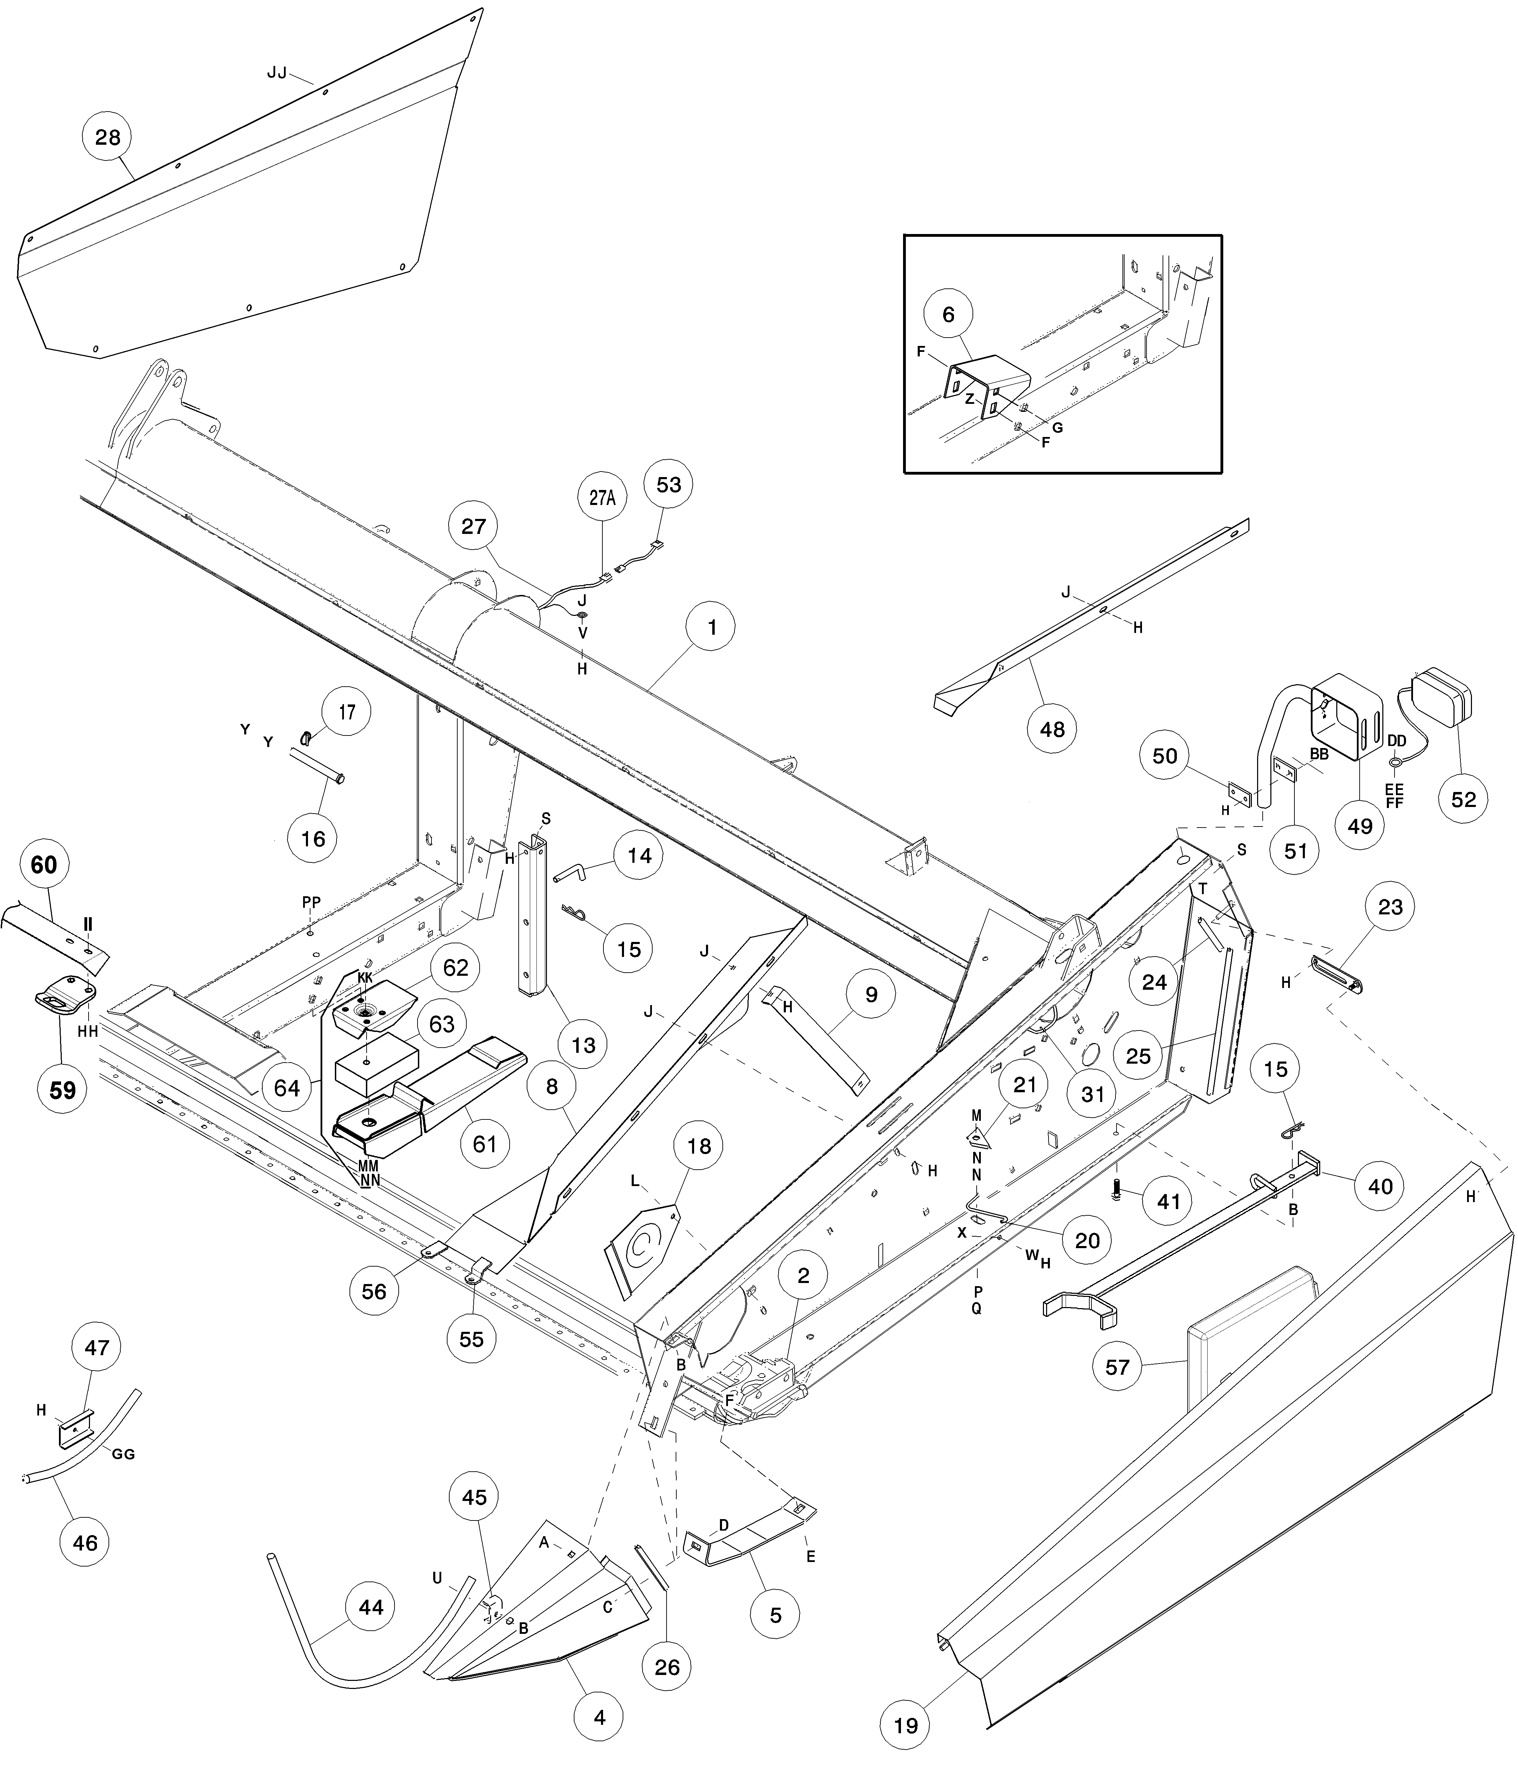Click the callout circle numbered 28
point(107,137)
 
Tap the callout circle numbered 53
point(668,484)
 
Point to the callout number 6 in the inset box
point(948,315)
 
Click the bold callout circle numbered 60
point(44,865)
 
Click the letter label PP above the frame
point(311,902)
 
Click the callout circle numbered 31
point(1093,1094)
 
